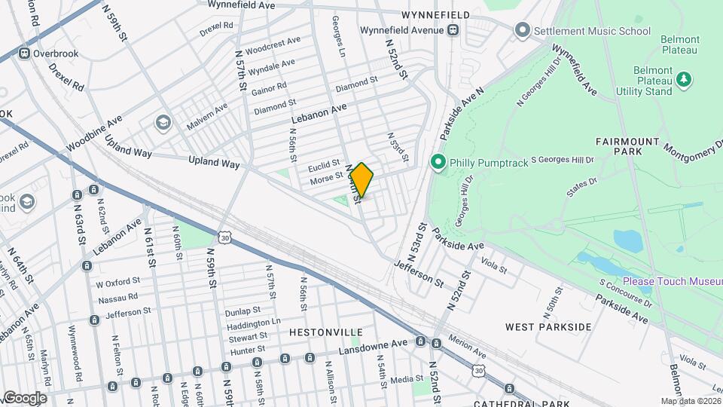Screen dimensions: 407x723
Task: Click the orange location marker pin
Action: [361, 180]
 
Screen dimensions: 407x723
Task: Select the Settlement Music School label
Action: [591, 31]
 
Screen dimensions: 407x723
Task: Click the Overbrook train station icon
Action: [24, 54]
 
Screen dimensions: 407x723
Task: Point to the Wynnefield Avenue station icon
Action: [453, 30]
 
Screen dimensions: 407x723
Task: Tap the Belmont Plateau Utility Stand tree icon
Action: [684, 78]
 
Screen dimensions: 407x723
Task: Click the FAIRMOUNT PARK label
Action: [627, 141]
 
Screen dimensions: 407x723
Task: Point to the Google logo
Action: [25, 397]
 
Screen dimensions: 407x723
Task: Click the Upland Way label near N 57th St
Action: [214, 162]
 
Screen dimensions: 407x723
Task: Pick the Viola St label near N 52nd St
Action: [494, 266]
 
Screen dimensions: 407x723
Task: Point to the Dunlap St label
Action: [242, 310]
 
